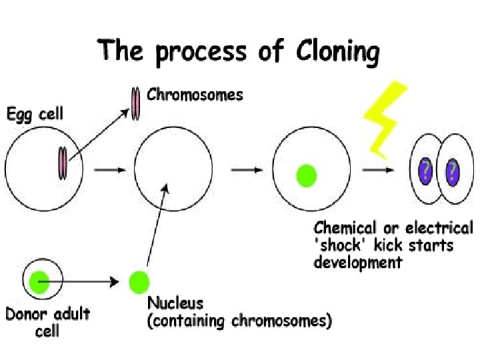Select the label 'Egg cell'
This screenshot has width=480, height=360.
(35, 114)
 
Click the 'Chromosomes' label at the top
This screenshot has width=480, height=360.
(195, 95)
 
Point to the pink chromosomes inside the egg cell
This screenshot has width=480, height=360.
(63, 163)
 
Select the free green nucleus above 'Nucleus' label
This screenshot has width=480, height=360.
(138, 281)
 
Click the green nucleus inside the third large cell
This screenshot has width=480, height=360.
(306, 176)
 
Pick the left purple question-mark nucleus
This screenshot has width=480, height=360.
(425, 171)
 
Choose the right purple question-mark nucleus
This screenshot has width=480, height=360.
(452, 171)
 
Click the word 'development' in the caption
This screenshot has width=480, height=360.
(358, 262)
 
